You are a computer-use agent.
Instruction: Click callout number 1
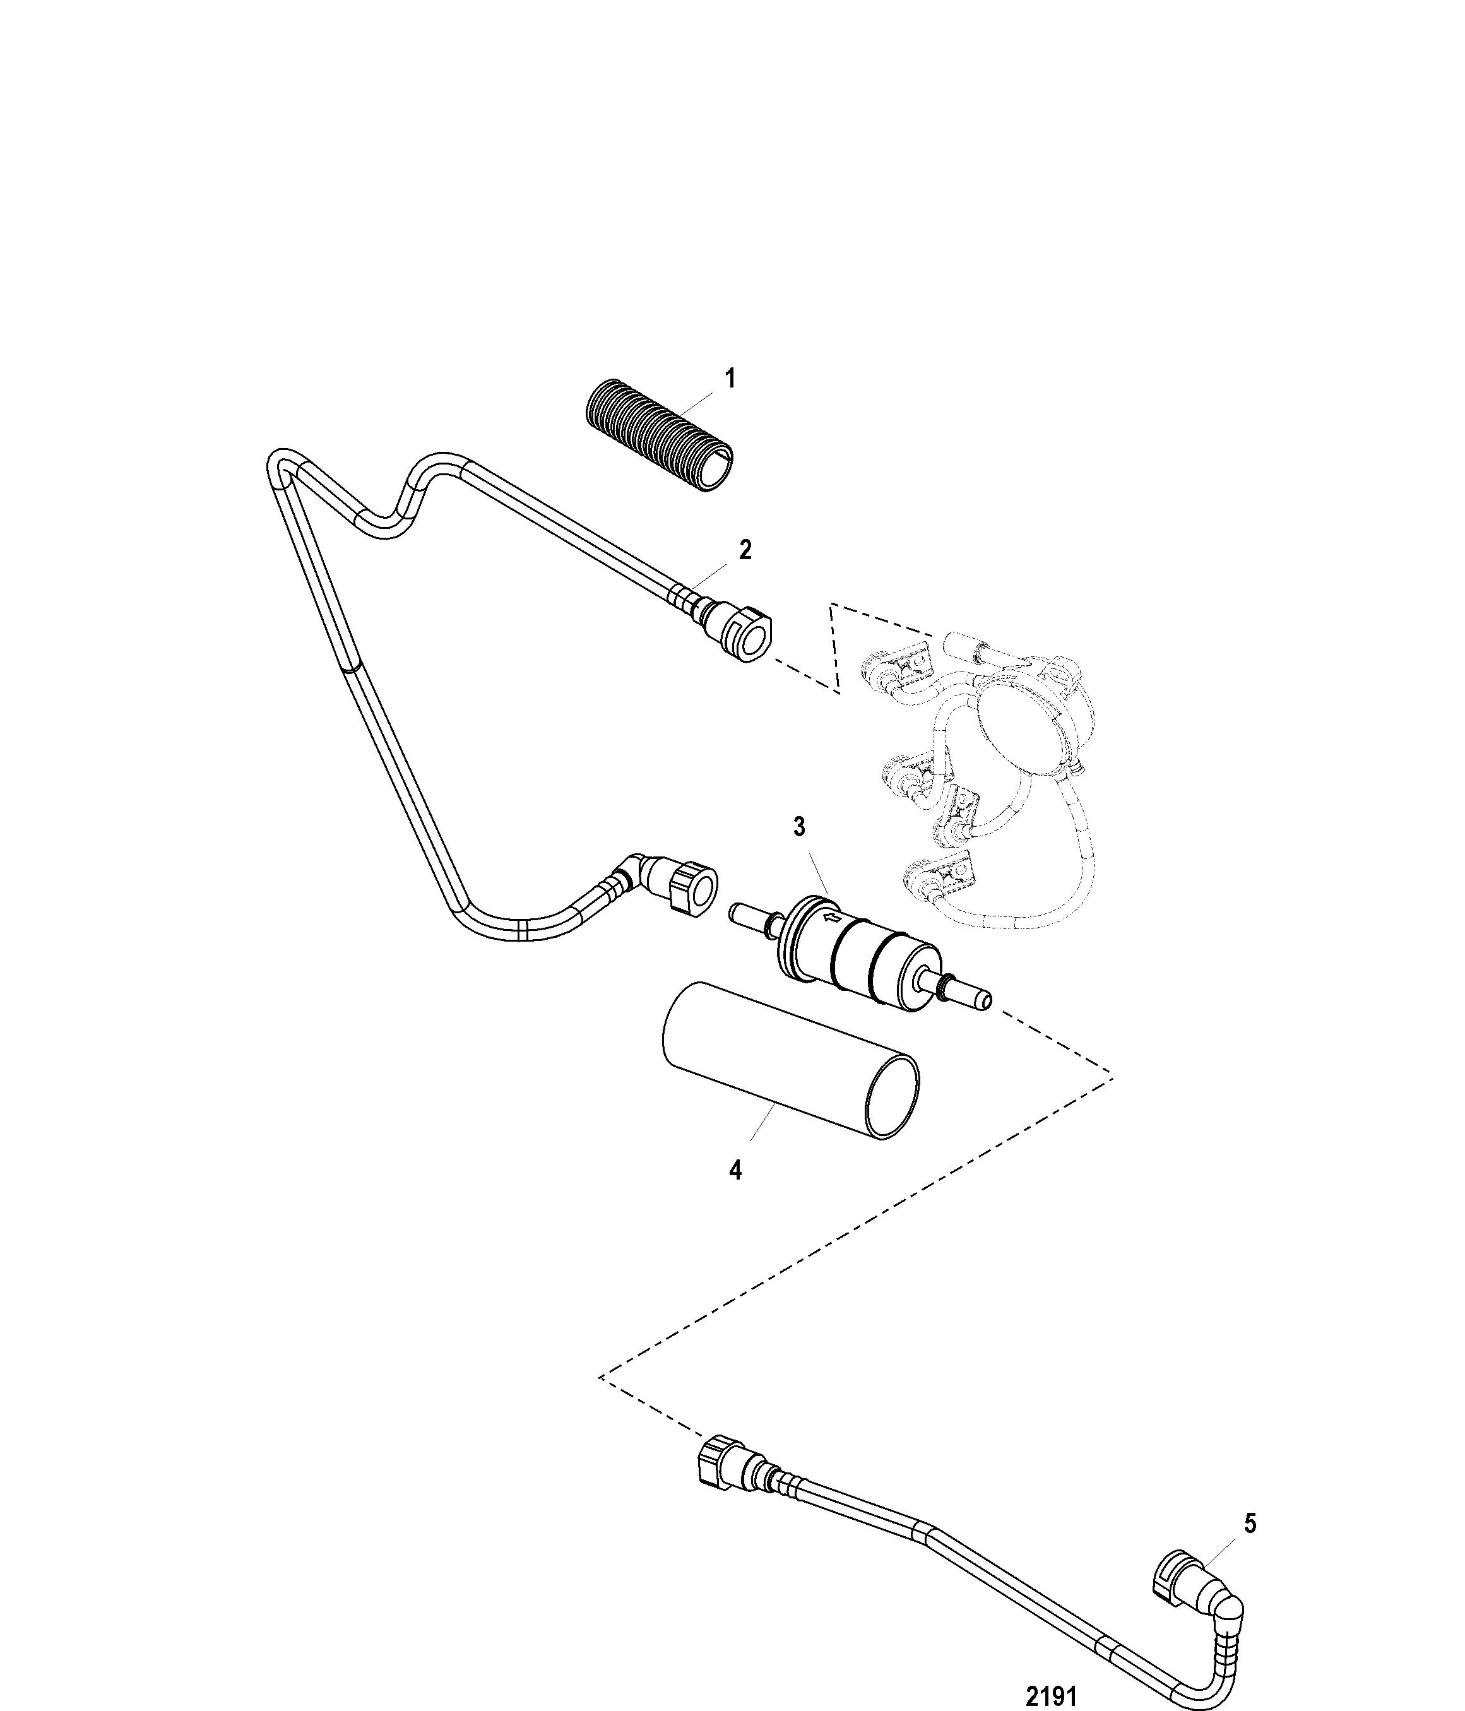(x=729, y=380)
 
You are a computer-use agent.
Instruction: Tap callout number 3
(x=798, y=827)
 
